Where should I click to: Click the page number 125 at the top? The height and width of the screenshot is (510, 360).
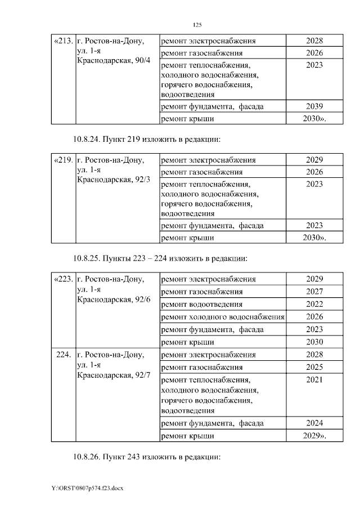[197, 25]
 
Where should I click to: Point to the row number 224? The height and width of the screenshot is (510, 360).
[63, 355]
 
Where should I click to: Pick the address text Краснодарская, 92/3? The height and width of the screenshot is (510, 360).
[114, 179]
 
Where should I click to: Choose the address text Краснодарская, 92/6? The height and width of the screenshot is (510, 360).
[114, 298]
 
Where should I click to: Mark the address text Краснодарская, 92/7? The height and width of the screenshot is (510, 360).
[114, 374]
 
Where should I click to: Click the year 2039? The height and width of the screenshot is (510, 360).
[314, 106]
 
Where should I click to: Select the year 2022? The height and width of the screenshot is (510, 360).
[314, 304]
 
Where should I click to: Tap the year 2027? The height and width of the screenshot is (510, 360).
[314, 292]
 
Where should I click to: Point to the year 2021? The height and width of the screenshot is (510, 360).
[314, 380]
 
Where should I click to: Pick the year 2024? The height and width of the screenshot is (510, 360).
[314, 423]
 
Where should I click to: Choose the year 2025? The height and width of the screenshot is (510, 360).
[314, 367]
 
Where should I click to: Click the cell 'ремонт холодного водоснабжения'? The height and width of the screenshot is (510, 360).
[223, 316]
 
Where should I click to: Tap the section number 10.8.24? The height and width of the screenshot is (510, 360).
[86, 139]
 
